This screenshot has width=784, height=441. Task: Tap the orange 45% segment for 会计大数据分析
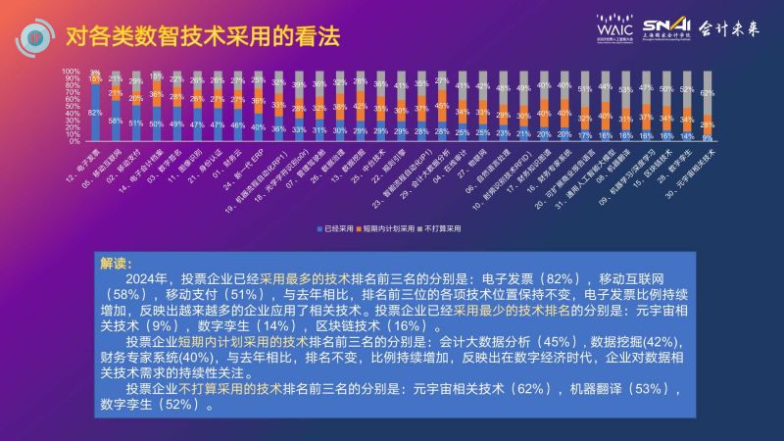tap(443, 105)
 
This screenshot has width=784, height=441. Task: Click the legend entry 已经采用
tap(338, 227)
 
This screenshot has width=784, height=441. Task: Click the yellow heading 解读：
tap(115, 264)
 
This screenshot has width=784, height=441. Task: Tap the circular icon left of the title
tap(35, 37)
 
